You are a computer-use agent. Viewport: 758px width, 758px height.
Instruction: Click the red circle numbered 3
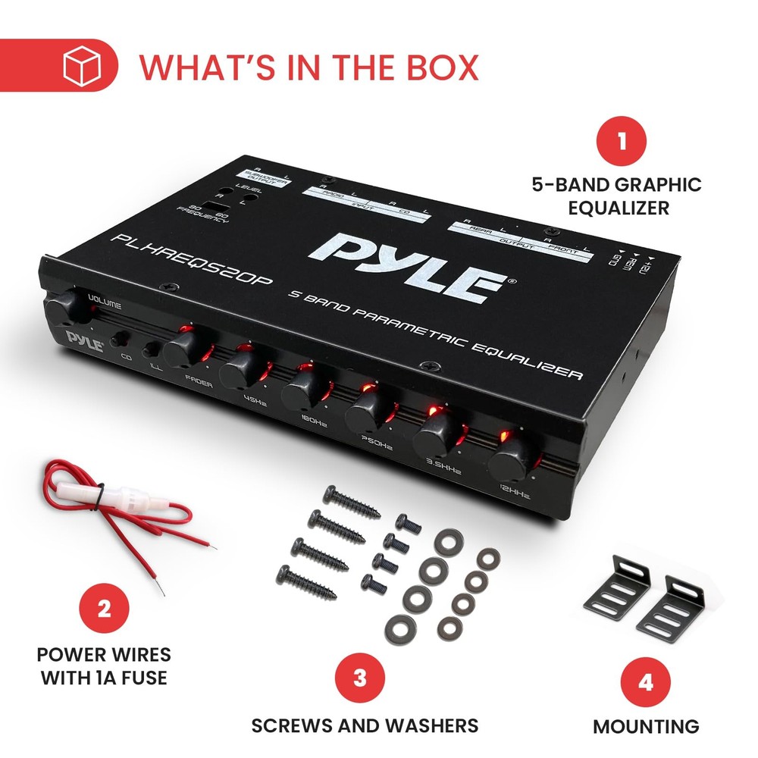pos(359,677)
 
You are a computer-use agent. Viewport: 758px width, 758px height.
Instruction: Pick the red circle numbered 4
pos(645,681)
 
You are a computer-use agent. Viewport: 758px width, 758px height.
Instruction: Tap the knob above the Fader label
pos(182,348)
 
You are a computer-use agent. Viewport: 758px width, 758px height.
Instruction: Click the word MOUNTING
pos(646,726)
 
